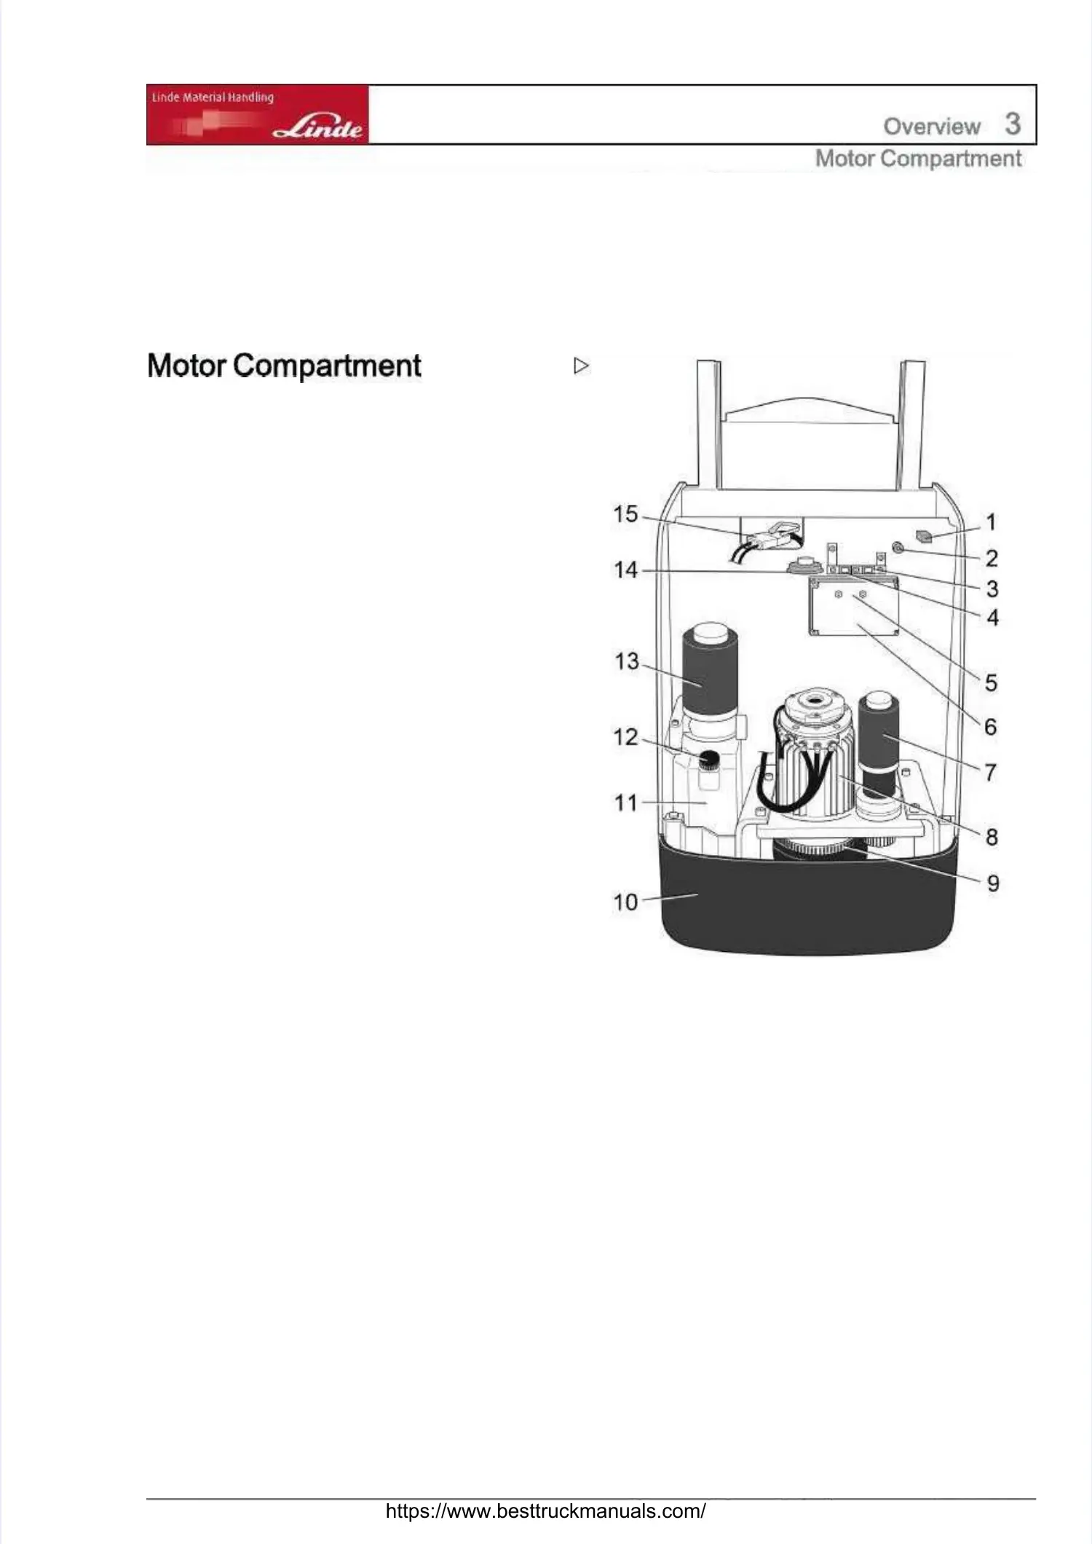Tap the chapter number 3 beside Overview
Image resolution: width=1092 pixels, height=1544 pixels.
1013,124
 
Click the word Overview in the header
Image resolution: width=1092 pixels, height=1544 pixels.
932,127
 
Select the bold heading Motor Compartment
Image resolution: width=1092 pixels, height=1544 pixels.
284,366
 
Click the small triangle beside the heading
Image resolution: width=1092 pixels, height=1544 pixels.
581,366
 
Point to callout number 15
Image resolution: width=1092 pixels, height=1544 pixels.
625,514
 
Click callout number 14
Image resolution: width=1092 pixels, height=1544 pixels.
625,570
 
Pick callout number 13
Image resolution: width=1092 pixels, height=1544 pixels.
626,661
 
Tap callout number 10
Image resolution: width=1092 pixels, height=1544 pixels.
625,902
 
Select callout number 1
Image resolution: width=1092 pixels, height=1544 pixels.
991,522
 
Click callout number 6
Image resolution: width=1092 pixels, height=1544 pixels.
991,727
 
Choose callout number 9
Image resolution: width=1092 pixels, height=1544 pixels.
993,883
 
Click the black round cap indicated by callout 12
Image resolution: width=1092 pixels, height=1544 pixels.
709,760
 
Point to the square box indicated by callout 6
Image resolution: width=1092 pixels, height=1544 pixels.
853,607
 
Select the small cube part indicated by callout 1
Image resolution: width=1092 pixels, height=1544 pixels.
925,537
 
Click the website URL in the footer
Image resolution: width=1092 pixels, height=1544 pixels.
545,1510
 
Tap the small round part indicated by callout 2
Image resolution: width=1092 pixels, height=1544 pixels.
898,548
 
